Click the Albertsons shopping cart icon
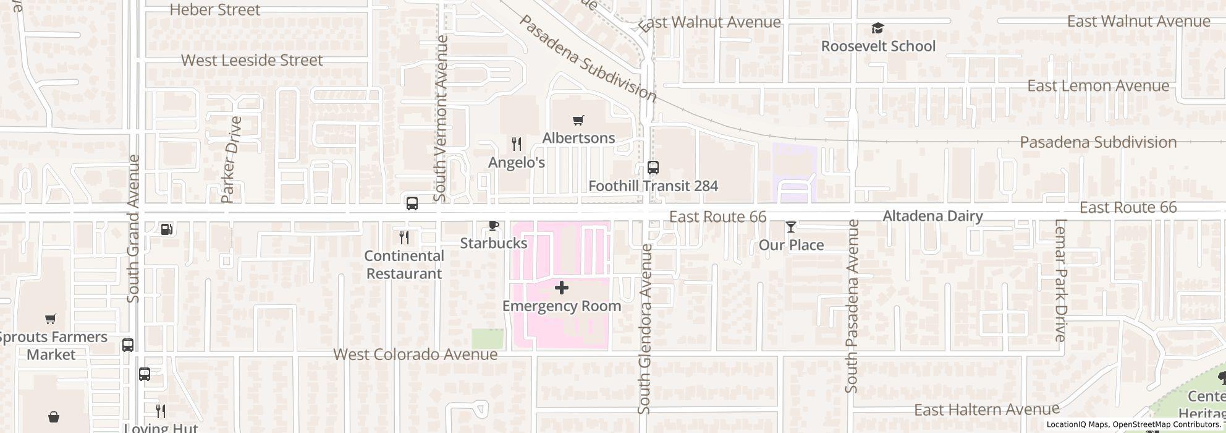click(578, 121)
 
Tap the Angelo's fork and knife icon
click(517, 144)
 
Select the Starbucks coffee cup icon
click(493, 225)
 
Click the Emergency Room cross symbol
click(561, 288)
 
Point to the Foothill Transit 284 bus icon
click(653, 168)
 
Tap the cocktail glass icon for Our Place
click(790, 227)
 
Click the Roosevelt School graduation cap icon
click(877, 28)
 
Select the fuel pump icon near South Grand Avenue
click(166, 229)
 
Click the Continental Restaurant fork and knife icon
click(404, 238)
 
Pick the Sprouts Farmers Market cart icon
click(51, 319)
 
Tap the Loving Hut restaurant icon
click(160, 411)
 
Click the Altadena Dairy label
click(932, 216)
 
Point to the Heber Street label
click(215, 10)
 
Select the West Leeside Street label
click(252, 60)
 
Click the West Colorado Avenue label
click(415, 354)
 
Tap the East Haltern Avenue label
click(986, 409)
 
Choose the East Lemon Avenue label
click(1098, 85)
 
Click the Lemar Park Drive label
click(1061, 280)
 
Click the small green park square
click(488, 339)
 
